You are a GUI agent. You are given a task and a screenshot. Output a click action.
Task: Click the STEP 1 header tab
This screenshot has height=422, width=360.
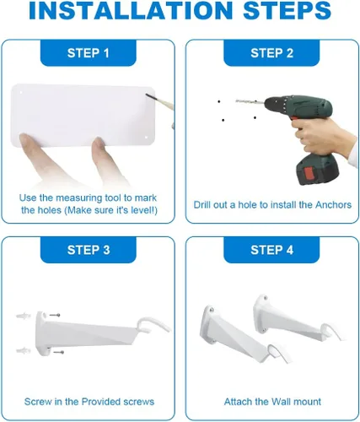pos(89,53)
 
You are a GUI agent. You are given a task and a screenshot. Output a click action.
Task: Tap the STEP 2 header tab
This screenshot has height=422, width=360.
pos(271,53)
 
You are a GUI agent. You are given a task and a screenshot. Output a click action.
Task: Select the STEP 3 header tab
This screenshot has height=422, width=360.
pos(89,250)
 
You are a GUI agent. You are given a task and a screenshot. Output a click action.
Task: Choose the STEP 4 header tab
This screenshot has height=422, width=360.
pos(271,250)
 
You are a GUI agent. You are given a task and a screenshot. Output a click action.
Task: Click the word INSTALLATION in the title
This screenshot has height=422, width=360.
pos(131,10)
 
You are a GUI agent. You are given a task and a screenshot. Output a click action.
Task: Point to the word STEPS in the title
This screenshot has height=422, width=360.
pos(287,10)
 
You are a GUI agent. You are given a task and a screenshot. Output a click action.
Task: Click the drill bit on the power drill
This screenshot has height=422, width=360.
pos(250,100)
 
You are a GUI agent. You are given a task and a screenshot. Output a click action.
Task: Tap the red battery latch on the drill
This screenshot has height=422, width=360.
pos(310,173)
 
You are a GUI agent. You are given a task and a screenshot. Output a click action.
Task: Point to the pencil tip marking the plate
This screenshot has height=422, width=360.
pos(147,95)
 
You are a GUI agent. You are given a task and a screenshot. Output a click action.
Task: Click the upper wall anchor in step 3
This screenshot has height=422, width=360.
pos(23,316)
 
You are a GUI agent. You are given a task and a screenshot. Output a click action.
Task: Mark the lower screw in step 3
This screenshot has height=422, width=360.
pos(59,352)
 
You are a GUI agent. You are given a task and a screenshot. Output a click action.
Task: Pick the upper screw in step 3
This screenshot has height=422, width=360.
pos(55,315)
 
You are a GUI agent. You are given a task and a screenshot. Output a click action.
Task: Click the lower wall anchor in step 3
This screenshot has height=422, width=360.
pos(23,350)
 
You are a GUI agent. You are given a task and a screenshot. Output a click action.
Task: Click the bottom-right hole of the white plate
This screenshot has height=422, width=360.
pos(146,137)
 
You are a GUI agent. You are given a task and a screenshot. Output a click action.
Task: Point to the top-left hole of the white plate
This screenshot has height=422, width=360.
pos(21,92)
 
